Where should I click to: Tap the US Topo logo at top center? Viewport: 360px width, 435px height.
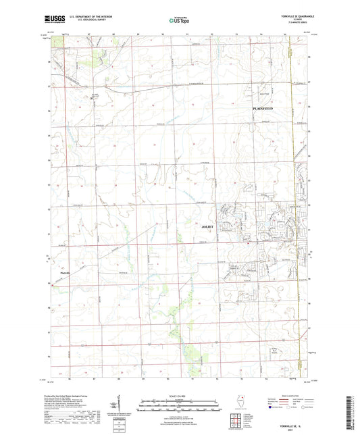pyautogui.click(x=176, y=21)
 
